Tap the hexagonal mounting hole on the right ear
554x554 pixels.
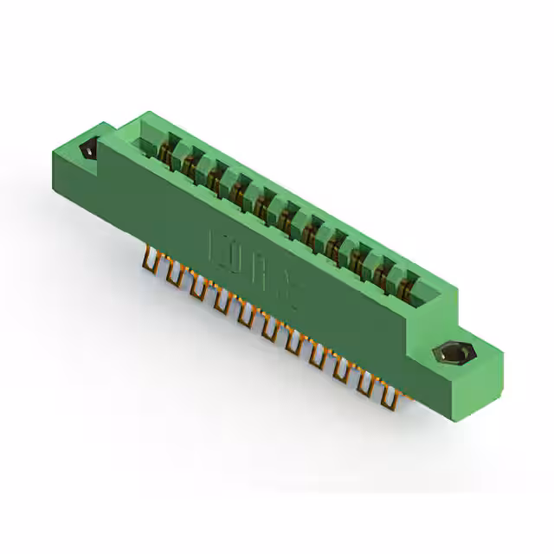pyautogui.click(x=449, y=354)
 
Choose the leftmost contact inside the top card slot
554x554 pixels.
pyautogui.click(x=164, y=151)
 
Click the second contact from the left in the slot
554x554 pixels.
pyautogui.click(x=188, y=164)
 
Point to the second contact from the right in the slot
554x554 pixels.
pyautogui.click(x=382, y=272)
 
